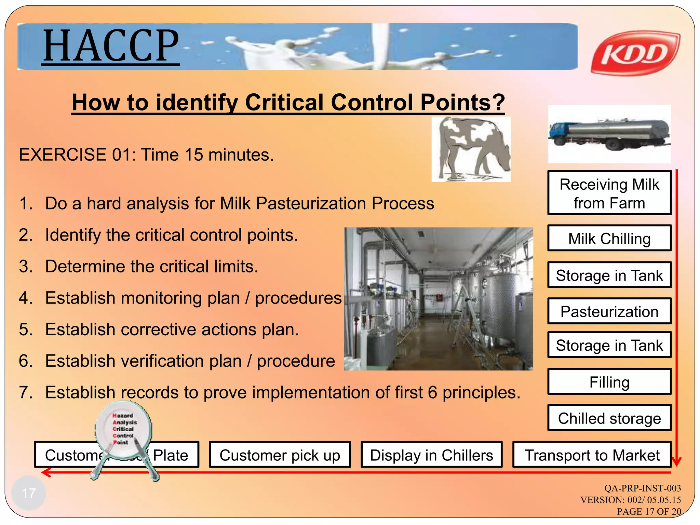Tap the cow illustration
coord(471,149)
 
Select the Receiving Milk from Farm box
coord(609,193)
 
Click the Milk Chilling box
coord(609,238)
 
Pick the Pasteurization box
coord(609,311)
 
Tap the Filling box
coord(609,382)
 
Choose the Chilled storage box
coord(609,418)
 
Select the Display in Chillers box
coord(431,455)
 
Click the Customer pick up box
coord(280,455)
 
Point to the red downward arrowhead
coord(676,461)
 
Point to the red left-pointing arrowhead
coord(46,473)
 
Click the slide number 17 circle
coord(29,493)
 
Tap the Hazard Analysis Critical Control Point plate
coord(123,429)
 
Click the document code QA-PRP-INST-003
coord(642,488)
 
